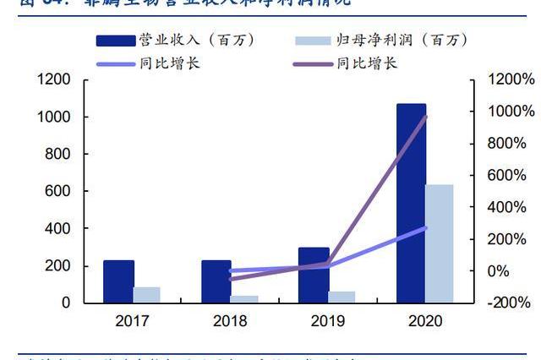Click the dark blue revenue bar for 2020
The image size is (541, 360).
pyautogui.click(x=411, y=203)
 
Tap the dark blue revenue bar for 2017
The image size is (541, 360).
pyautogui.click(x=118, y=281)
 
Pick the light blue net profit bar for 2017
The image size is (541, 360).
pyautogui.click(x=146, y=295)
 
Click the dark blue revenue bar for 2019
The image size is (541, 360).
pyautogui.click(x=314, y=275)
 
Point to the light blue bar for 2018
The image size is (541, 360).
pyautogui.click(x=244, y=299)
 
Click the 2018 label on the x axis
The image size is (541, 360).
pyautogui.click(x=230, y=321)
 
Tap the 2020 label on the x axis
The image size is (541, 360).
pyautogui.click(x=424, y=321)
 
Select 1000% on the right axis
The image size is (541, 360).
pyautogui.click(x=511, y=112)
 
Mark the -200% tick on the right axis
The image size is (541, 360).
pyautogui.click(x=511, y=303)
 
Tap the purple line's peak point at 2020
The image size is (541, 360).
pyautogui.click(x=425, y=117)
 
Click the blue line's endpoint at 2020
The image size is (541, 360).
pyautogui.click(x=425, y=228)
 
